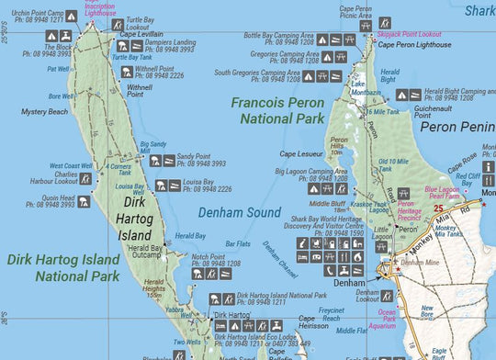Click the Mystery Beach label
45,111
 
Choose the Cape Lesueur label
299,154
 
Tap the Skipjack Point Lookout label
409,33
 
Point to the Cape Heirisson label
313,324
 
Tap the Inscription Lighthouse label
100,10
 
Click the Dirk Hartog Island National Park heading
63,267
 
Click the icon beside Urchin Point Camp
72,17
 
